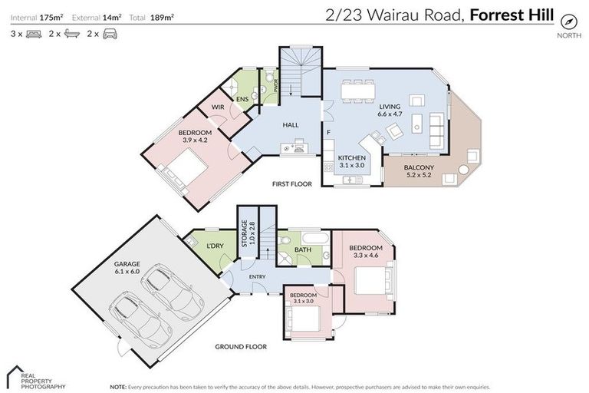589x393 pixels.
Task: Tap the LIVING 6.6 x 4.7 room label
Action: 390,110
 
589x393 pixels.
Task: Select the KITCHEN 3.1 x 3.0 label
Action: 352,161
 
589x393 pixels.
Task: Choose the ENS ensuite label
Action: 242,100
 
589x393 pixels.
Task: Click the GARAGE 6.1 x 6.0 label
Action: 127,268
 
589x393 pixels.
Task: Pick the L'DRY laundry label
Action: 216,246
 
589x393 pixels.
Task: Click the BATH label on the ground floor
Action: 304,249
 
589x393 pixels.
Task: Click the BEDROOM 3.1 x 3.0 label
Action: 304,298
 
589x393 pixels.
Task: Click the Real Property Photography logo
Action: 35,377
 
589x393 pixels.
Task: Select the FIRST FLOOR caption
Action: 292,184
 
